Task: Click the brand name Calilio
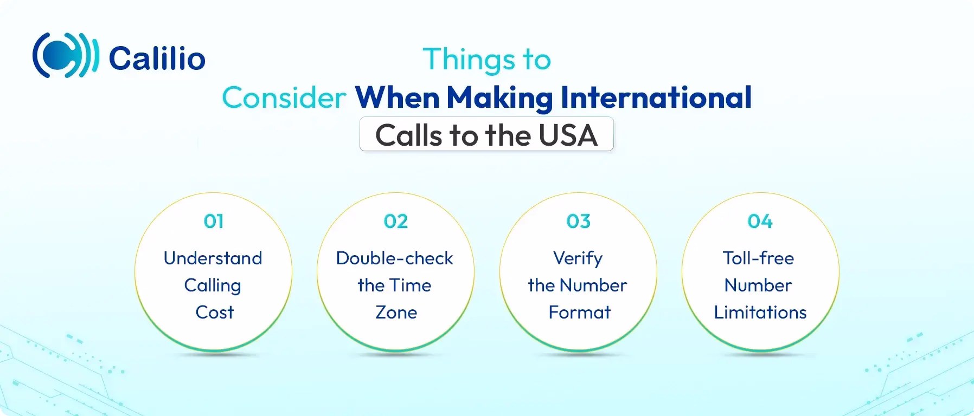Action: tap(157, 58)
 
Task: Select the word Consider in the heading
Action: tap(284, 98)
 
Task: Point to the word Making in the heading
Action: tap(499, 98)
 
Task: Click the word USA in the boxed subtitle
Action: tap(568, 135)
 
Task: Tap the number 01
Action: tap(214, 221)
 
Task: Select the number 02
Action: tap(395, 221)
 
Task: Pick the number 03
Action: tap(578, 221)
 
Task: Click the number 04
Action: tap(760, 221)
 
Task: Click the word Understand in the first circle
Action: tap(213, 258)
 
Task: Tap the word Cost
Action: tap(214, 313)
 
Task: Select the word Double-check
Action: tap(394, 258)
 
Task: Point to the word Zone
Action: tap(396, 313)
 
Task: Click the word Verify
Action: tap(578, 258)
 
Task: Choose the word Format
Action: tap(579, 313)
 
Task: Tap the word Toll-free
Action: tap(758, 258)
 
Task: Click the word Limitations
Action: tap(760, 313)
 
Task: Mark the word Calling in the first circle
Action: tap(213, 285)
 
